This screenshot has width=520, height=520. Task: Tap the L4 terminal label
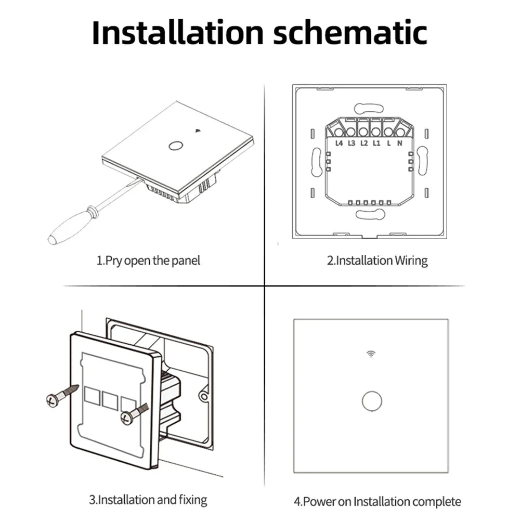click(339, 144)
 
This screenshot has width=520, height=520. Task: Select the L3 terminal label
click(352, 144)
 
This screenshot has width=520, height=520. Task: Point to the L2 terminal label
click(364, 144)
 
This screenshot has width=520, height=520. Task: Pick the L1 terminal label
click(376, 144)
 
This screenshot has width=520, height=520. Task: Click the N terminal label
click(399, 144)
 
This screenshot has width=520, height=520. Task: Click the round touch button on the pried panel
click(175, 146)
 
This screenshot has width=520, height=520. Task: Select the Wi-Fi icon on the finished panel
click(371, 354)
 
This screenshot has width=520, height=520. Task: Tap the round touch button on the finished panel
click(372, 401)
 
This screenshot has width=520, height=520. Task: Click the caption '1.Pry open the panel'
click(148, 261)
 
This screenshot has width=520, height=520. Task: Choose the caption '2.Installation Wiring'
click(378, 261)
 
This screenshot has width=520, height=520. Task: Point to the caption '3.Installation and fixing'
click(148, 500)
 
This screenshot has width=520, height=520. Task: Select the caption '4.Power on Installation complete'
click(378, 501)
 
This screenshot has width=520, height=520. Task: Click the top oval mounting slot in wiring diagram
click(369, 109)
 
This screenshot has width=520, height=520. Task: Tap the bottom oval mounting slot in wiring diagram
click(370, 215)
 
